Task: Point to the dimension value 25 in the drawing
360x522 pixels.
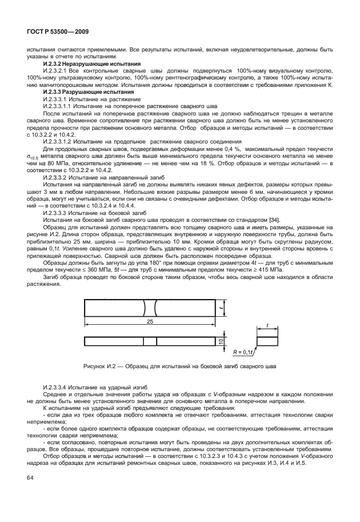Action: (x=150, y=322)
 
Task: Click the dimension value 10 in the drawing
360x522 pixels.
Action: (x=219, y=341)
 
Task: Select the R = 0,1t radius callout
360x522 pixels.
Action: (x=244, y=353)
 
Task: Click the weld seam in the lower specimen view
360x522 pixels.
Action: (x=150, y=341)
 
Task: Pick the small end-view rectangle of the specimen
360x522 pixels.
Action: (x=267, y=341)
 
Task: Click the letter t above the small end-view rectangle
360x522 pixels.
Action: (x=267, y=326)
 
